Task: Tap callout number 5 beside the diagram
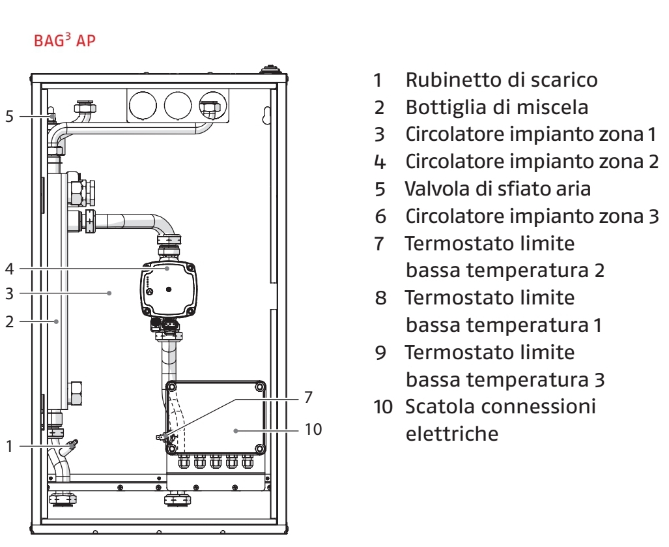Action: (x=9, y=117)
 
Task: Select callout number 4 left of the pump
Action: (x=9, y=267)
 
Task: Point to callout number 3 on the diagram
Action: (x=9, y=293)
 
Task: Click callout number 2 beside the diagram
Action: (x=9, y=321)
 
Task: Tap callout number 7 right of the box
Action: (x=309, y=397)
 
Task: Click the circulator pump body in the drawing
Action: (x=168, y=287)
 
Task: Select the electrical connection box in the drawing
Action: (x=215, y=417)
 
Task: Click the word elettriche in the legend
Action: (x=453, y=432)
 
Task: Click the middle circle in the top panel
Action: (x=177, y=104)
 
